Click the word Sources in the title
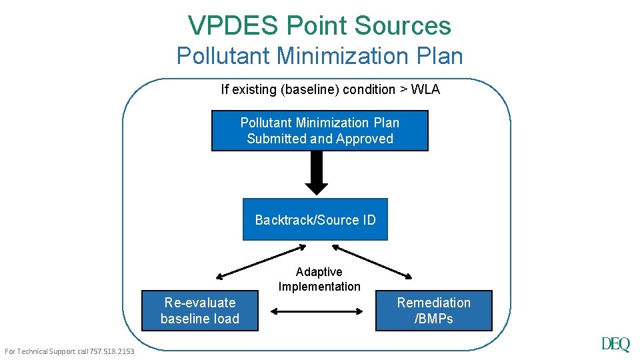pos(403,25)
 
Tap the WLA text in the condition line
pos(425,89)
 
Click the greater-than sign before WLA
pos(403,89)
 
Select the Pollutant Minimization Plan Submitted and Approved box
pos(320,131)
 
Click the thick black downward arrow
pos(317,172)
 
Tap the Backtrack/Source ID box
pos(315,219)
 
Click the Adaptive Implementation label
pos(319,279)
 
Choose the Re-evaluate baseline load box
pos(199,311)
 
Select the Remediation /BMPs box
pos(433,311)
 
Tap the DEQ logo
pos(615,344)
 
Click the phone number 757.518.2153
pos(111,351)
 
